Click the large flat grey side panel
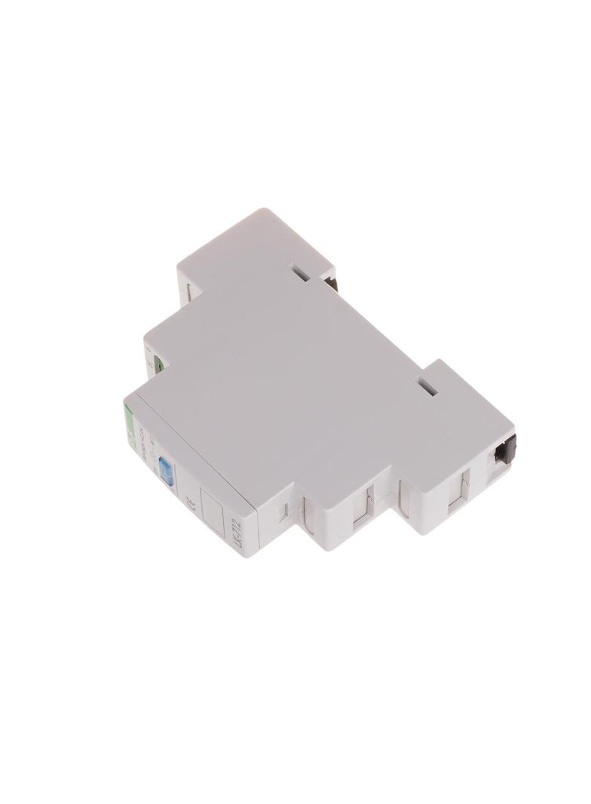(x=286, y=377)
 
